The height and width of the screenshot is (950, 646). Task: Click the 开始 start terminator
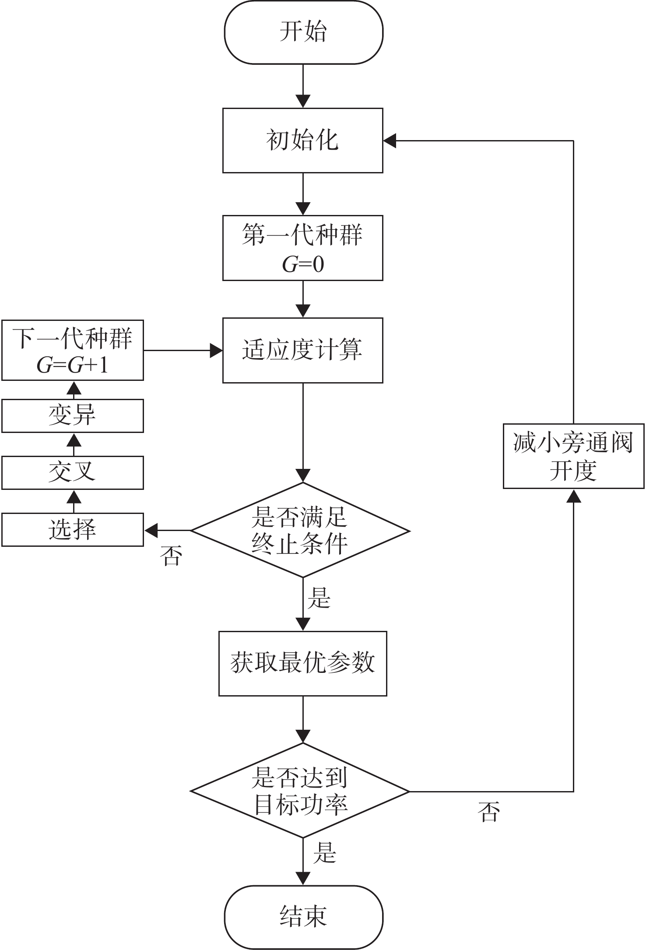coord(303,32)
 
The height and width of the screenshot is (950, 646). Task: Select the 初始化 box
coord(303,141)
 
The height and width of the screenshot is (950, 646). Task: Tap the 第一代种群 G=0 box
coord(303,248)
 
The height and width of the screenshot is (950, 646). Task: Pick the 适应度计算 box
coord(303,350)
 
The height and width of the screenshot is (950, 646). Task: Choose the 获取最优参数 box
coord(303,663)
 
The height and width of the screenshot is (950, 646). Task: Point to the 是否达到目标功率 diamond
coord(300,791)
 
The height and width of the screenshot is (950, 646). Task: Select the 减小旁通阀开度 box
coord(574,456)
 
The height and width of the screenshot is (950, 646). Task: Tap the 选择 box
coord(73,530)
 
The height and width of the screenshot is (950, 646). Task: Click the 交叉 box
coord(73,472)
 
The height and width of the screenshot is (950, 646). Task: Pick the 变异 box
coord(73,415)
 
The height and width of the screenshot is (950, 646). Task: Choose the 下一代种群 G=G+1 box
coord(73,350)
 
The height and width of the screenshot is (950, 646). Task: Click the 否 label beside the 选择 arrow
coord(171,556)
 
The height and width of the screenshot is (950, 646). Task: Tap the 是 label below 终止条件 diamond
coord(319,598)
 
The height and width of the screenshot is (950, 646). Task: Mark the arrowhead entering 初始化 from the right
coord(390,141)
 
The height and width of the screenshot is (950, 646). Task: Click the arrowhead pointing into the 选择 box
coord(151,531)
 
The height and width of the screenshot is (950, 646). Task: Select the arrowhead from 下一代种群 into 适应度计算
coord(216,350)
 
